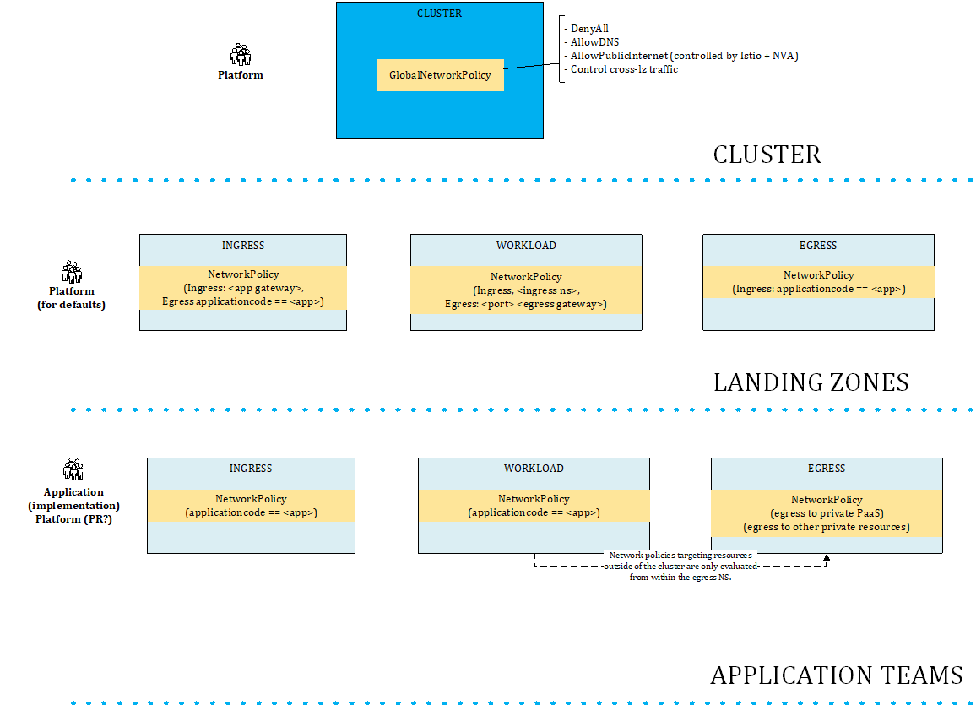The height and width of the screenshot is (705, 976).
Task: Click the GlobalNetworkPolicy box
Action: point(440,75)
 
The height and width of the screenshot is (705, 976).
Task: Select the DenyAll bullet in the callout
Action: point(589,29)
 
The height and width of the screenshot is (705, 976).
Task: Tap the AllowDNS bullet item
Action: point(594,42)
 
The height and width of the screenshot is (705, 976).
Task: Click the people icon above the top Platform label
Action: point(241,55)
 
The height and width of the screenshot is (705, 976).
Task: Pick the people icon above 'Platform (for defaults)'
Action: point(72,272)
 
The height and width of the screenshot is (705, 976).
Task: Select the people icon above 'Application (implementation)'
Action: point(73,469)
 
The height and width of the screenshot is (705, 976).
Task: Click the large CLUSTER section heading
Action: point(767,155)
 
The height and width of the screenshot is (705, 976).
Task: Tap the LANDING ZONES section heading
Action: point(811,382)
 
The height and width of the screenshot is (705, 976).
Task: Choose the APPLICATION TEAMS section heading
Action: point(836,675)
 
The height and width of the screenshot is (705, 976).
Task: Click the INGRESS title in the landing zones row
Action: point(243,246)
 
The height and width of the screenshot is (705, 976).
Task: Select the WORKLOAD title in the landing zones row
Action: point(526,246)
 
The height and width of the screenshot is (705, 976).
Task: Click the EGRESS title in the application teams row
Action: point(827,469)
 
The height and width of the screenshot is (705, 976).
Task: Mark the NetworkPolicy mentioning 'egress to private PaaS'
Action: point(827,513)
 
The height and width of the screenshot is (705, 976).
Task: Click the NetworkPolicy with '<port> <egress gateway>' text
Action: point(526,290)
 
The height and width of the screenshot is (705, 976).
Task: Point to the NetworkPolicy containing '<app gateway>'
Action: point(243,288)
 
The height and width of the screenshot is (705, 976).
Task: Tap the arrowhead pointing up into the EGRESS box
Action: point(827,558)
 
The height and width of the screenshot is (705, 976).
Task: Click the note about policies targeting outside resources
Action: point(680,567)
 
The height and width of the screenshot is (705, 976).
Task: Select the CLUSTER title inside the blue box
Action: point(440,14)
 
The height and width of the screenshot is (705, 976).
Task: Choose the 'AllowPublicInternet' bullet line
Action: point(684,56)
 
